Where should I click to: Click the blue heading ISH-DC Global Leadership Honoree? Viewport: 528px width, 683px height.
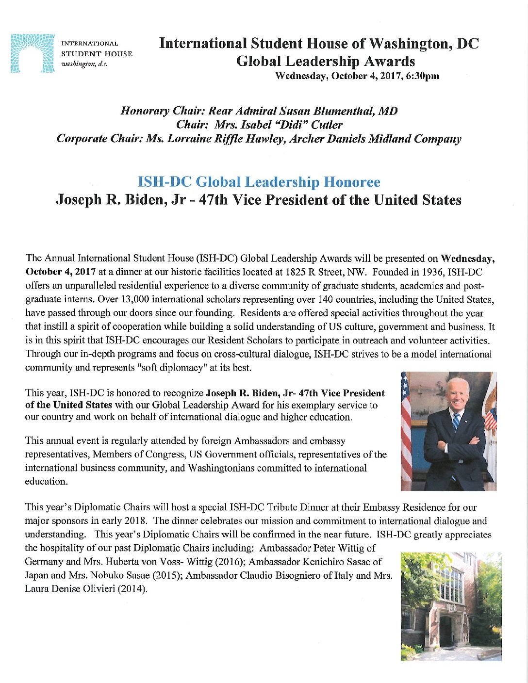click(x=259, y=182)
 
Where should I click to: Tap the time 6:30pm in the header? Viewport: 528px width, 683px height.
click(x=425, y=76)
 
